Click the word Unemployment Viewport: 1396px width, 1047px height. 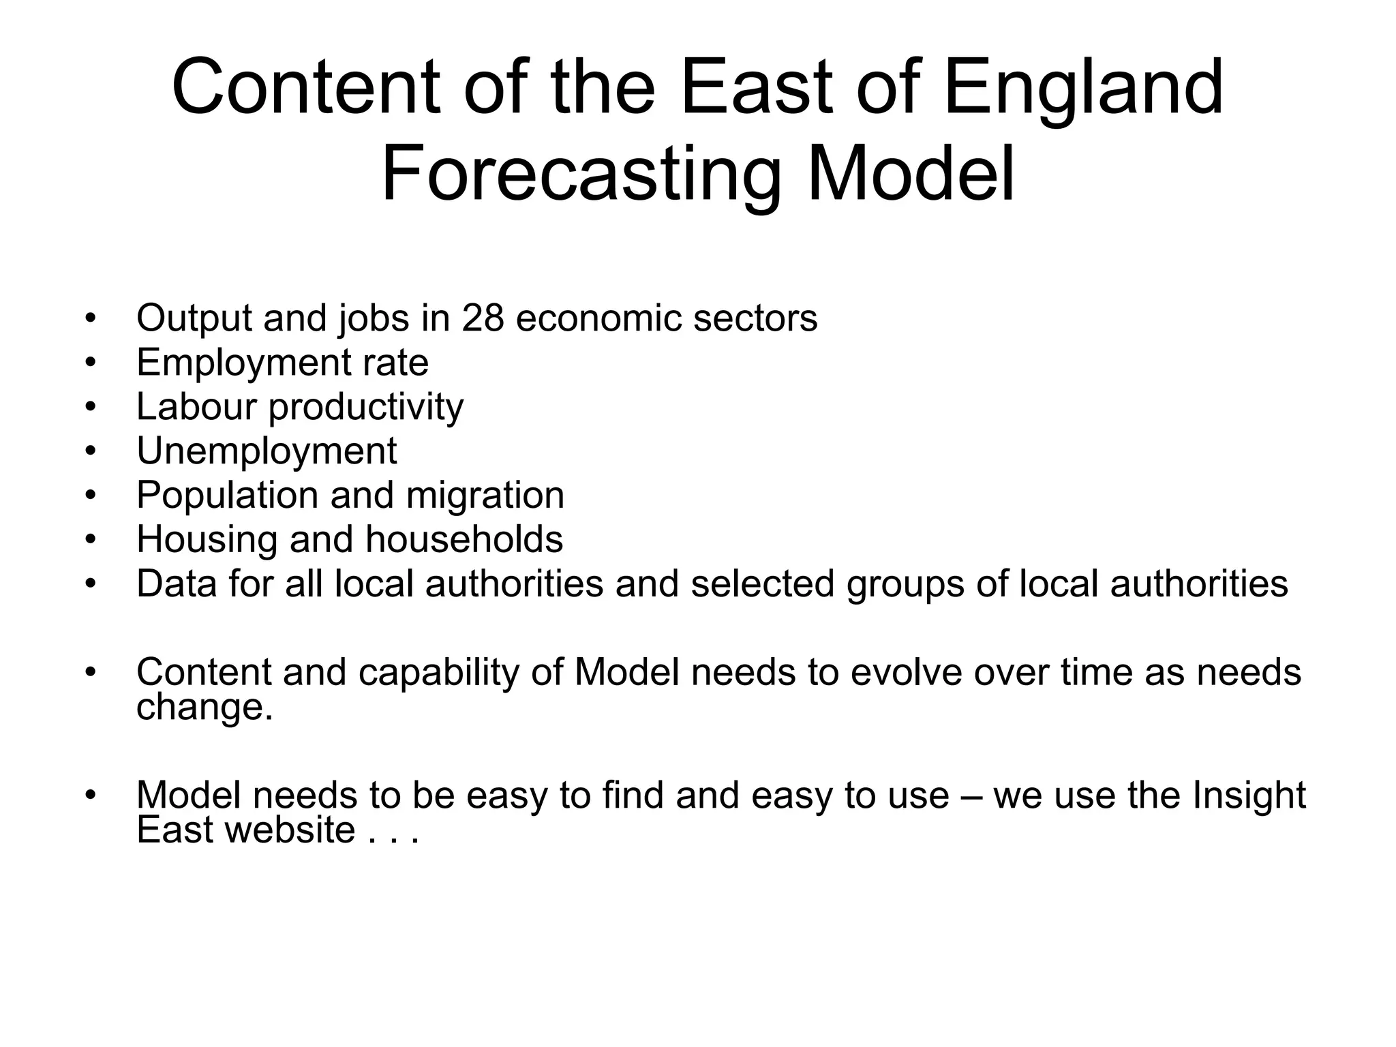pyautogui.click(x=267, y=451)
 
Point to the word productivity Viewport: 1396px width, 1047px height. pyautogui.click(x=366, y=408)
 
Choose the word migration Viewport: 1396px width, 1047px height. pyautogui.click(x=485, y=495)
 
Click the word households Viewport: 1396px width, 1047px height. pyautogui.click(x=464, y=539)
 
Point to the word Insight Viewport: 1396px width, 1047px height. pyautogui.click(x=1249, y=796)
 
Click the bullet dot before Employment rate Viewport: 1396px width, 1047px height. pyautogui.click(x=91, y=363)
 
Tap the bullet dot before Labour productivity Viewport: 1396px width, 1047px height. pyautogui.click(x=91, y=407)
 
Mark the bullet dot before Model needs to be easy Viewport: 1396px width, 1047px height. pyautogui.click(x=91, y=795)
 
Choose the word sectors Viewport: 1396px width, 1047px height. pyautogui.click(x=755, y=318)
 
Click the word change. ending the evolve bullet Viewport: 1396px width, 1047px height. pyautogui.click(x=204, y=707)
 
